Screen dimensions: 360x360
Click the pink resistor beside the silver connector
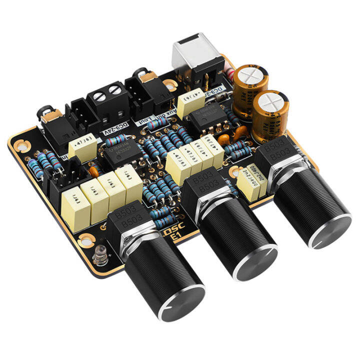pos(230,72)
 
